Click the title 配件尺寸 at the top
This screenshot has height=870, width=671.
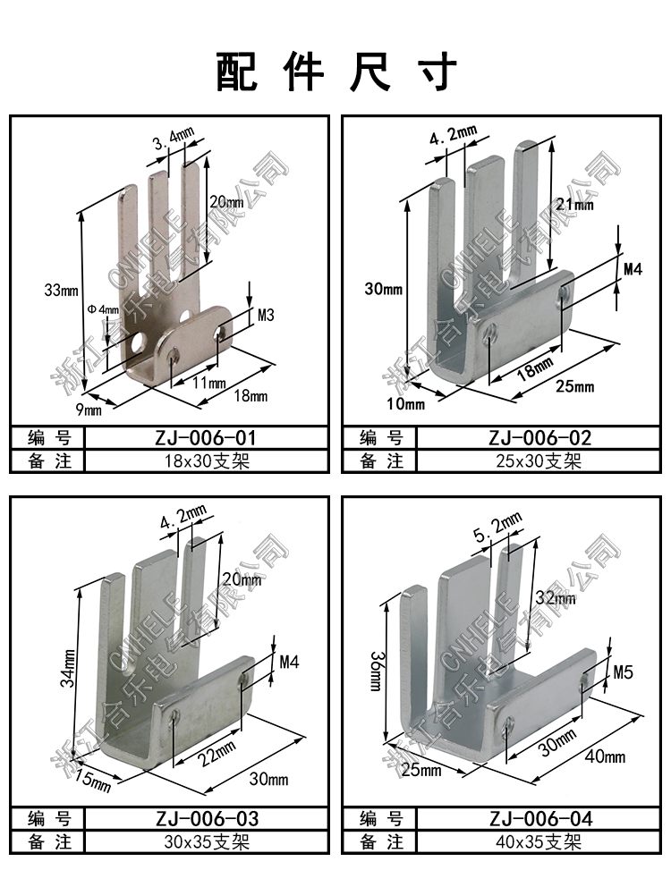(x=335, y=71)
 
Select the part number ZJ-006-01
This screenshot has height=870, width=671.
(x=206, y=438)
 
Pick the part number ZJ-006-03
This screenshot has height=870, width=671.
(x=207, y=818)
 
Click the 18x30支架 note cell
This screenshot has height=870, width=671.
(x=207, y=461)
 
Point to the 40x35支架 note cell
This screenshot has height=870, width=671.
(x=539, y=841)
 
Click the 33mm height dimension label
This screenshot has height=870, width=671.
(x=61, y=290)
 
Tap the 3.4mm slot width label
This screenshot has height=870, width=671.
(x=174, y=139)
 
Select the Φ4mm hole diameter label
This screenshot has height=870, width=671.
(x=103, y=308)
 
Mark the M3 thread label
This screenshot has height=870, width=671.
(x=266, y=315)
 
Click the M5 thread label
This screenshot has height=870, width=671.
(x=623, y=672)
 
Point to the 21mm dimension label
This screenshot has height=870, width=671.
(x=574, y=204)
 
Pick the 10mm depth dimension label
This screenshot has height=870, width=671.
(x=405, y=403)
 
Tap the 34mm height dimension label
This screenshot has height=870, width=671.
(x=68, y=669)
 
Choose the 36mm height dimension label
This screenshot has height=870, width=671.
(x=376, y=671)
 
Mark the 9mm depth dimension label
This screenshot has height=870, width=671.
(x=89, y=410)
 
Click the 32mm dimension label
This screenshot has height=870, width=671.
(x=556, y=597)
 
